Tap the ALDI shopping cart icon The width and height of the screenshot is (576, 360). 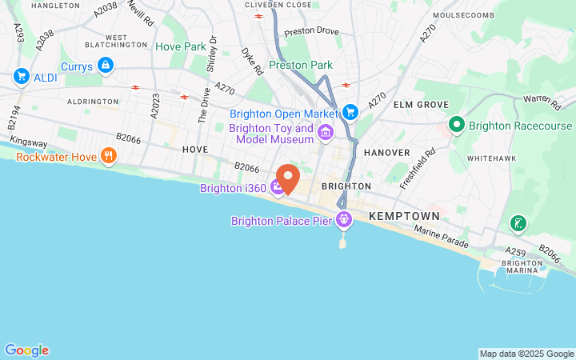pyautogui.click(x=22, y=76)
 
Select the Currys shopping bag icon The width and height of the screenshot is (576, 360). pyautogui.click(x=104, y=64)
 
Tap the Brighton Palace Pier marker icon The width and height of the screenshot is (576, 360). pyautogui.click(x=344, y=218)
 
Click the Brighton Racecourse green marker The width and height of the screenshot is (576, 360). pyautogui.click(x=456, y=125)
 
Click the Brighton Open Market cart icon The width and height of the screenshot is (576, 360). pyautogui.click(x=349, y=112)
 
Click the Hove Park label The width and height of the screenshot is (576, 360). pyautogui.click(x=181, y=47)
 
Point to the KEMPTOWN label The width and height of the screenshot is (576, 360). pyautogui.click(x=404, y=217)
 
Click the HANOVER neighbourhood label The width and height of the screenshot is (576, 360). pyautogui.click(x=386, y=152)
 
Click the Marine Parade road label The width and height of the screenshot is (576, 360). pyautogui.click(x=439, y=235)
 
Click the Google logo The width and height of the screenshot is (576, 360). pyautogui.click(x=26, y=350)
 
